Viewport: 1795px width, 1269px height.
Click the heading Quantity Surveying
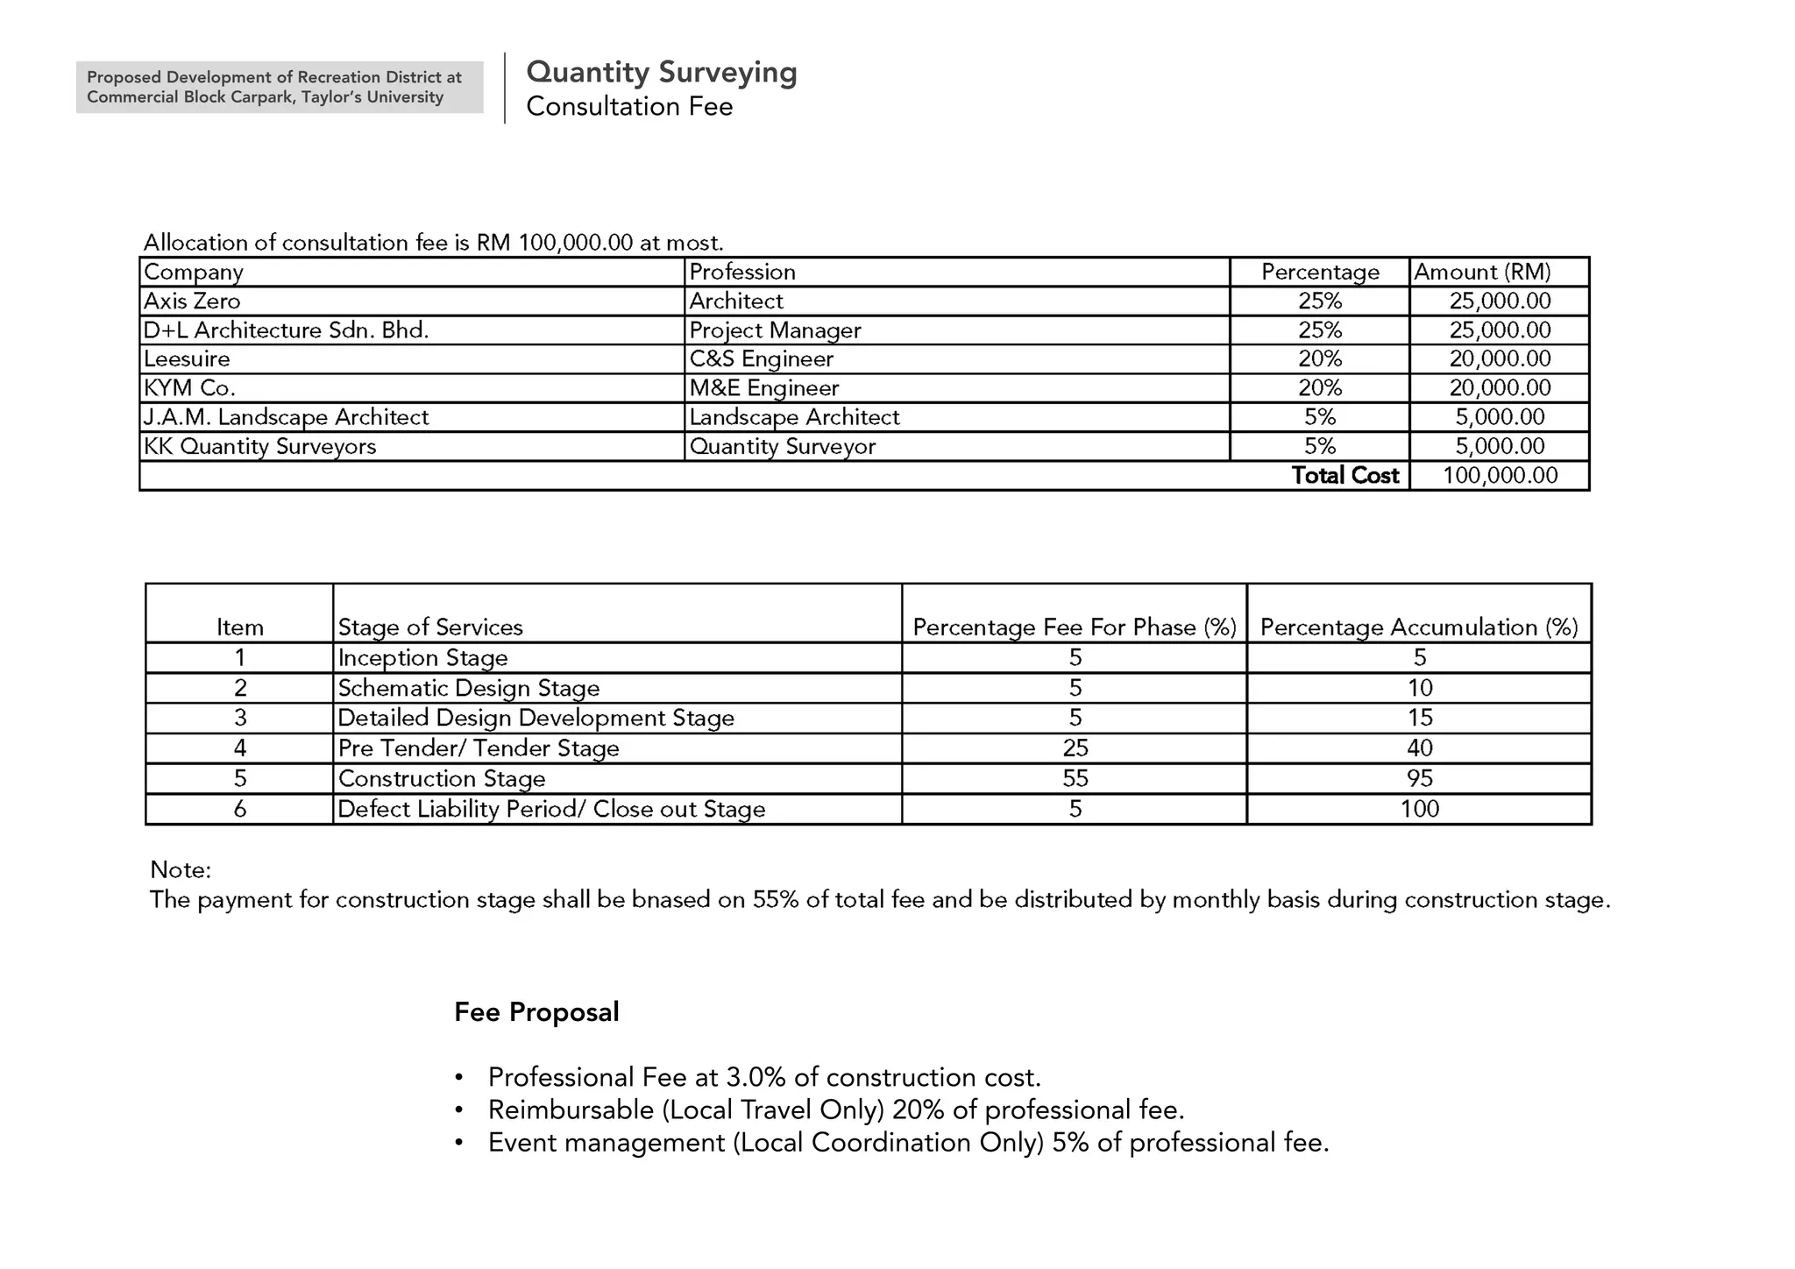pyautogui.click(x=661, y=72)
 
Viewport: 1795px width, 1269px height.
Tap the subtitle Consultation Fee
pyautogui.click(x=628, y=107)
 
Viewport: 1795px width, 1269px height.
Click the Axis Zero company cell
pyautogui.click(x=192, y=301)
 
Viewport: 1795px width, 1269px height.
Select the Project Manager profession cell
pyautogui.click(x=775, y=330)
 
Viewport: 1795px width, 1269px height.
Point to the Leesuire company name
pyautogui.click(x=187, y=359)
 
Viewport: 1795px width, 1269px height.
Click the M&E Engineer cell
pyautogui.click(x=763, y=388)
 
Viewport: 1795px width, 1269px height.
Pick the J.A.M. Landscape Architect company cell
pyautogui.click(x=286, y=417)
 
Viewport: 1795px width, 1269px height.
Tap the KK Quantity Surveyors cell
pyautogui.click(x=259, y=447)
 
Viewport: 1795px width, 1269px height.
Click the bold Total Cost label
pyautogui.click(x=1344, y=476)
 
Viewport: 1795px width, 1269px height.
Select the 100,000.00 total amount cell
pyautogui.click(x=1500, y=476)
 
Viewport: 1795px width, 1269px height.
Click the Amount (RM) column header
pyautogui.click(x=1481, y=273)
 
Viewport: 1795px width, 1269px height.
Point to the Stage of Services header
pyautogui.click(x=430, y=627)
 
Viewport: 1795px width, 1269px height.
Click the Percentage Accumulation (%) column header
pyautogui.click(x=1418, y=627)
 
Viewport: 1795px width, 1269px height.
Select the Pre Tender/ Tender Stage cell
pyautogui.click(x=479, y=748)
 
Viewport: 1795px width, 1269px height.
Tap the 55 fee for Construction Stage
pyautogui.click(x=1075, y=778)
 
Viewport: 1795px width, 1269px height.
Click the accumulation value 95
pyautogui.click(x=1419, y=778)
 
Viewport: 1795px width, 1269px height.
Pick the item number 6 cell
pyautogui.click(x=239, y=809)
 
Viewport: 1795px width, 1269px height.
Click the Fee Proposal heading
pyautogui.click(x=536, y=1012)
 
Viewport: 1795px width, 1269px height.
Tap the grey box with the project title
pyautogui.click(x=279, y=87)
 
